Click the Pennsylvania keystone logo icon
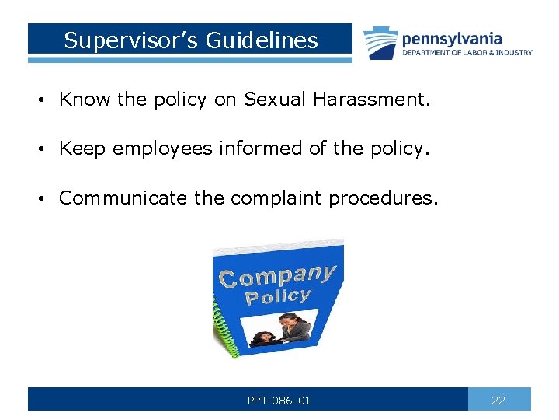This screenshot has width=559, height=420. pyautogui.click(x=380, y=42)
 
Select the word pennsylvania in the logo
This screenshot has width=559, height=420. pyautogui.click(x=452, y=38)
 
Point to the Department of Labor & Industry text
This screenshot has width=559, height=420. pyautogui.click(x=467, y=53)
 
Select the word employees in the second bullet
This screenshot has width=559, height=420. pyautogui.click(x=161, y=149)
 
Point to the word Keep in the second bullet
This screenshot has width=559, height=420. pyautogui.click(x=82, y=149)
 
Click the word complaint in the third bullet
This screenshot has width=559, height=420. pyautogui.click(x=275, y=198)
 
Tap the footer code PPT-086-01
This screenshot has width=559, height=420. pyautogui.click(x=279, y=401)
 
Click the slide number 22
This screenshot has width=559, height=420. pyautogui.click(x=498, y=401)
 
